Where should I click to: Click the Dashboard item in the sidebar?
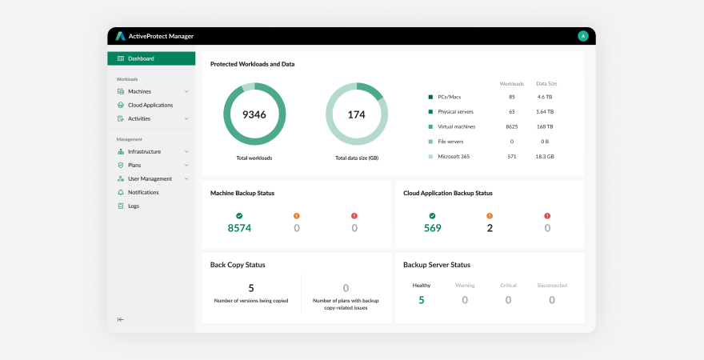[141, 58]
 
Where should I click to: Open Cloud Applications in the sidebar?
[150, 105]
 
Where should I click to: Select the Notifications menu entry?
[143, 192]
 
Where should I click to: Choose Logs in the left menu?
[134, 206]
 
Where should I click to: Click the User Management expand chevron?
[186, 178]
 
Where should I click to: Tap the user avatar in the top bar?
[583, 36]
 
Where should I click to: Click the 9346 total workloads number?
[254, 114]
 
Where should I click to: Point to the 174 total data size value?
[357, 114]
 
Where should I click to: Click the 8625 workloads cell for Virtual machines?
[512, 126]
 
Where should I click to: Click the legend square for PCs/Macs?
[430, 97]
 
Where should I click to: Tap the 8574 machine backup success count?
[239, 228]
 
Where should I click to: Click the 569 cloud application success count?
[433, 228]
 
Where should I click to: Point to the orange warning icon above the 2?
[490, 215]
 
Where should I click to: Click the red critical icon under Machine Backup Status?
[354, 215]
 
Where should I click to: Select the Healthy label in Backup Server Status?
[422, 285]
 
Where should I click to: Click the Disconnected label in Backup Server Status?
[552, 285]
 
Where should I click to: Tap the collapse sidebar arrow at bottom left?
[121, 319]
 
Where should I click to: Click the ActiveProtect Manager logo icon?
[120, 36]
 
